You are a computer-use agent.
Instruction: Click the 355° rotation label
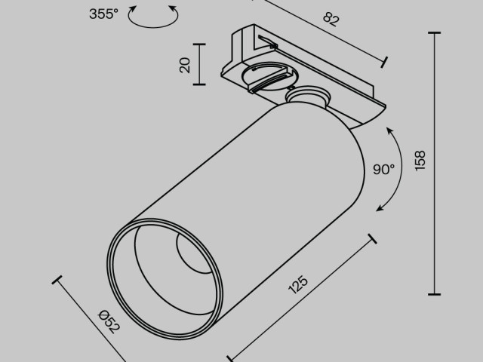point(104,14)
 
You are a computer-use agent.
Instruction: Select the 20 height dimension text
point(185,64)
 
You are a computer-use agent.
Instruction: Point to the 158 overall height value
point(420,161)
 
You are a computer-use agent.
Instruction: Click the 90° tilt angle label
point(384,169)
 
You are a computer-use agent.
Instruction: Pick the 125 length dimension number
point(298,284)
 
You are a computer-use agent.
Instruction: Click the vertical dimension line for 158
point(434,162)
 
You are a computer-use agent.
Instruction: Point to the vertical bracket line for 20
point(201,64)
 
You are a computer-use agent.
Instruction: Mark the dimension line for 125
point(300,299)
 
